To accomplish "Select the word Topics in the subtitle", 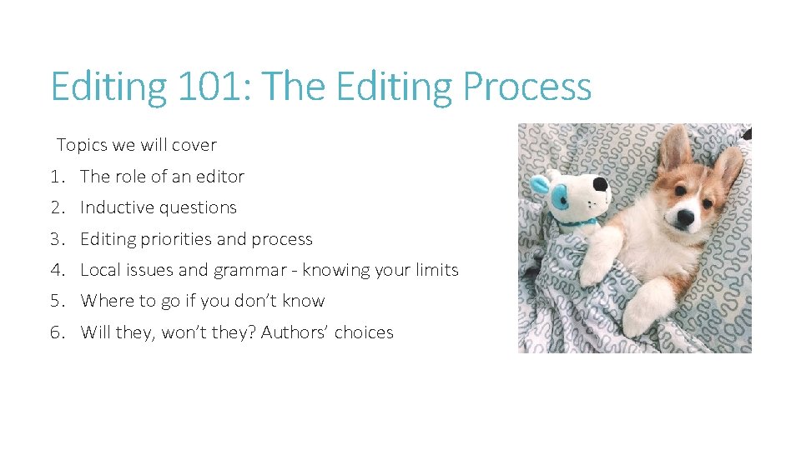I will pyautogui.click(x=82, y=145).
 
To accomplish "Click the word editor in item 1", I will pyautogui.click(x=219, y=177).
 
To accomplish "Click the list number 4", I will pyautogui.click(x=57, y=270).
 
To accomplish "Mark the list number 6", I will pyautogui.click(x=57, y=332).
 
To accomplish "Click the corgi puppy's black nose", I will pyautogui.click(x=685, y=218).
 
